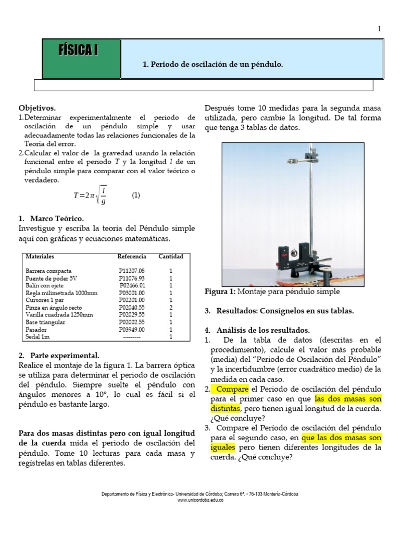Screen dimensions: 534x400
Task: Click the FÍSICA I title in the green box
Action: pos(79,51)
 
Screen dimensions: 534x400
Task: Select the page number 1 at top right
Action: pos(380,29)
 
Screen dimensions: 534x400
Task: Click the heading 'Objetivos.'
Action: pos(37,108)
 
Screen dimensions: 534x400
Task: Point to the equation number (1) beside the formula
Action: pos(136,196)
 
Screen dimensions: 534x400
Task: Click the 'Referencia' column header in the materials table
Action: pos(132,257)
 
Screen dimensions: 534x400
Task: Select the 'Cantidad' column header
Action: pos(171,257)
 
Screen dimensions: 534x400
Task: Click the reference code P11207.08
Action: pos(132,271)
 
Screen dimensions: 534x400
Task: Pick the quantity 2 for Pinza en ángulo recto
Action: pos(171,308)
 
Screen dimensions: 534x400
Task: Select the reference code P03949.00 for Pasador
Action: pos(132,330)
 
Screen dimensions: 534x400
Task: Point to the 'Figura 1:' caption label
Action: pos(220,292)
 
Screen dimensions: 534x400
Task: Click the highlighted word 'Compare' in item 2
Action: pos(232,389)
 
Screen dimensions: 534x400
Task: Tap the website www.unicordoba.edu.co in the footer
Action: pos(201,500)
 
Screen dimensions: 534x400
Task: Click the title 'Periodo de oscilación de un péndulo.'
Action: pos(213,65)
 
